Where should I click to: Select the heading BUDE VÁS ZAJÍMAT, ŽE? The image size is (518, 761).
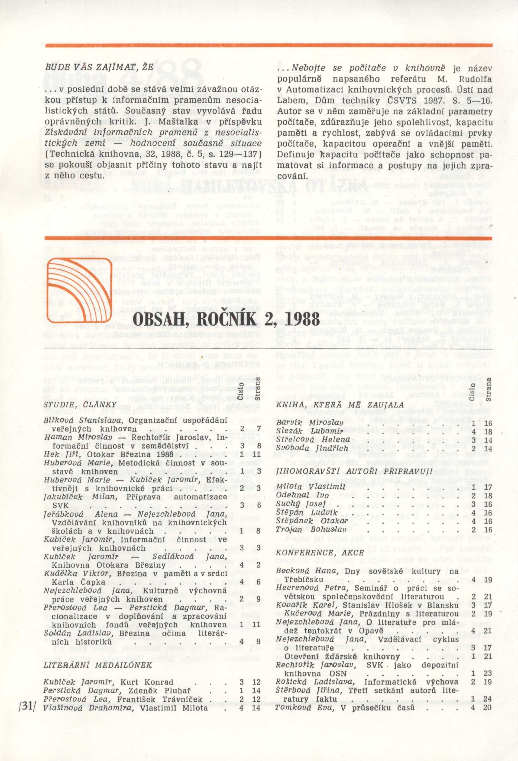click(99, 67)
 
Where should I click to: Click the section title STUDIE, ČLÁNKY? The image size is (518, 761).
click(80, 405)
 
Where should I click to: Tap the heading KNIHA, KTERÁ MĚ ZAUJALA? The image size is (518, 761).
click(340, 405)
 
